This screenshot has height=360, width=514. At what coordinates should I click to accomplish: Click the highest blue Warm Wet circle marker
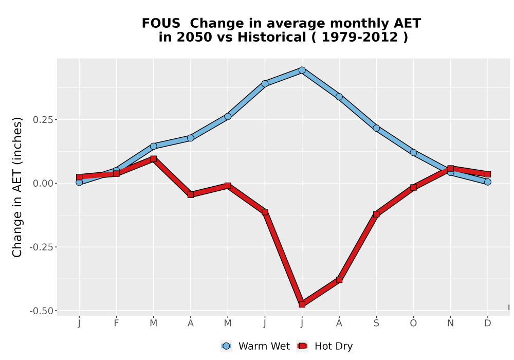302,70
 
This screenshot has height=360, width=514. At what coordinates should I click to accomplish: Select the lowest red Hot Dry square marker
302,304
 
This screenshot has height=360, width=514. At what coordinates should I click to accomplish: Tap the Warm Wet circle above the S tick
376,128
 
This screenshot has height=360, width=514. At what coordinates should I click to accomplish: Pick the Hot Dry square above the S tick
376,214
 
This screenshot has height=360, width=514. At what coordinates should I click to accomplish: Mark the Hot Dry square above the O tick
413,188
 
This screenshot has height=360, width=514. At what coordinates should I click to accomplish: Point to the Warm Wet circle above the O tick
413,152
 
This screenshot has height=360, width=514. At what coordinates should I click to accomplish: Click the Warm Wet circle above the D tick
488,182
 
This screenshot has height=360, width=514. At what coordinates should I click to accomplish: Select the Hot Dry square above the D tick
488,174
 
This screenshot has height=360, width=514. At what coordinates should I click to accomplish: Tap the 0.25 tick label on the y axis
43,120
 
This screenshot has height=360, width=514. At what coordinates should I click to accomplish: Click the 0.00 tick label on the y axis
43,183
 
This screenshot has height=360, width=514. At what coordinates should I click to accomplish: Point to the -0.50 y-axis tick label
41,311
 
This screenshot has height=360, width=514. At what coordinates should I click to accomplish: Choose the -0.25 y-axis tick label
41,247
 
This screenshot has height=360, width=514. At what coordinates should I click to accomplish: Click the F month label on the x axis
116,323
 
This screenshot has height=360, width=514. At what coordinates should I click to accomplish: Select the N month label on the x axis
450,323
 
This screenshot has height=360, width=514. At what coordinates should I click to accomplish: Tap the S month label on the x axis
376,323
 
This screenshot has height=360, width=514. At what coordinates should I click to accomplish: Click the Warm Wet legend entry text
264,346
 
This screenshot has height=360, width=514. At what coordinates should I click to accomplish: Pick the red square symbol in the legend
302,346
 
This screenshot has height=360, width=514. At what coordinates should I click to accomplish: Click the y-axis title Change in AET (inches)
17,187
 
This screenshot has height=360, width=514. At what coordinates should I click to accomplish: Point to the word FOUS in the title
161,24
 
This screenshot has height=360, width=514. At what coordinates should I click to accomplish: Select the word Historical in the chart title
272,37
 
